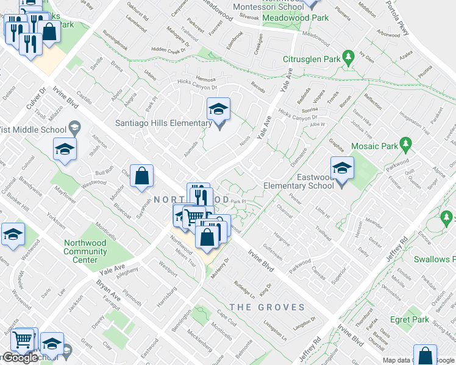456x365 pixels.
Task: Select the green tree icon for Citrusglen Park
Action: coord(349,58)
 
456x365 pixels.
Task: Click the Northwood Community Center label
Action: coord(85,251)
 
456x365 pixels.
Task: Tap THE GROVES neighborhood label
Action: coord(267,307)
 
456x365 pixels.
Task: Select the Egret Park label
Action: coord(410,319)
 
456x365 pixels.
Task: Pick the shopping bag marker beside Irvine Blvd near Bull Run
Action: coord(141,177)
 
